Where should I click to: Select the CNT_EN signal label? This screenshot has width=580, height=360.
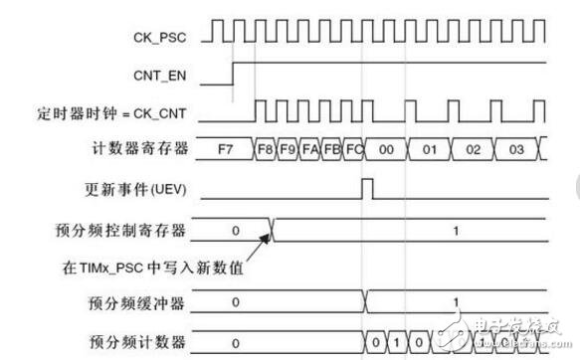161,73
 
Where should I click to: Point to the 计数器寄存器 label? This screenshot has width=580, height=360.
148,148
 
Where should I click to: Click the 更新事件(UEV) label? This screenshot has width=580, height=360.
145,187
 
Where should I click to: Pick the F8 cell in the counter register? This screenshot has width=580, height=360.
266,149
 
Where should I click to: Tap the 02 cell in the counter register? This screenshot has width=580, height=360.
474,149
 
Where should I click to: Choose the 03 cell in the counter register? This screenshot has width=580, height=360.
514,149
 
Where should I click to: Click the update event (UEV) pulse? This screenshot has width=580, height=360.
366,187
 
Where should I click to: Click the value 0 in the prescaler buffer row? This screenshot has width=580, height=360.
235,300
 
